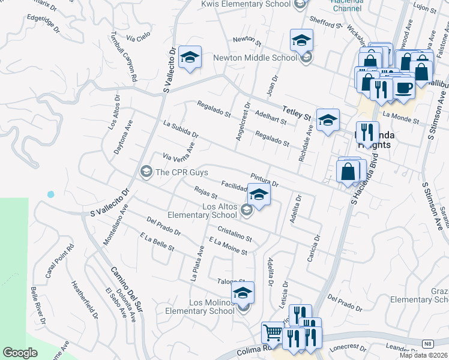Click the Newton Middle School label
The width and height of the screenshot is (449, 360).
(255, 58)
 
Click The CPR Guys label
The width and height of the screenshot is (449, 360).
(181, 172)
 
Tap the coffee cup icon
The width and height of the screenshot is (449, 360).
(403, 88)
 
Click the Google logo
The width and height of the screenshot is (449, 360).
(20, 352)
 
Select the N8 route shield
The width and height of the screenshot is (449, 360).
(427, 343)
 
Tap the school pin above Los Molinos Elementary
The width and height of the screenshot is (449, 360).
(243, 293)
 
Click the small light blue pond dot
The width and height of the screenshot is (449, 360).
(50, 194)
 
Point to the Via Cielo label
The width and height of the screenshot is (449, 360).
(139, 37)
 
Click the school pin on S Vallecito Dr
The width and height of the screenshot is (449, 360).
(190, 58)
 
